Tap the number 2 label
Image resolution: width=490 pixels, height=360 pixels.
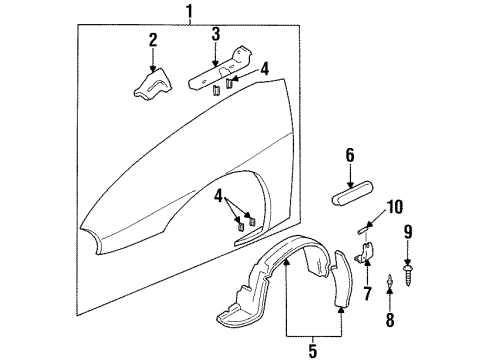click(153, 41)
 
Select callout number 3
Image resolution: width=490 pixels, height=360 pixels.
click(214, 36)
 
